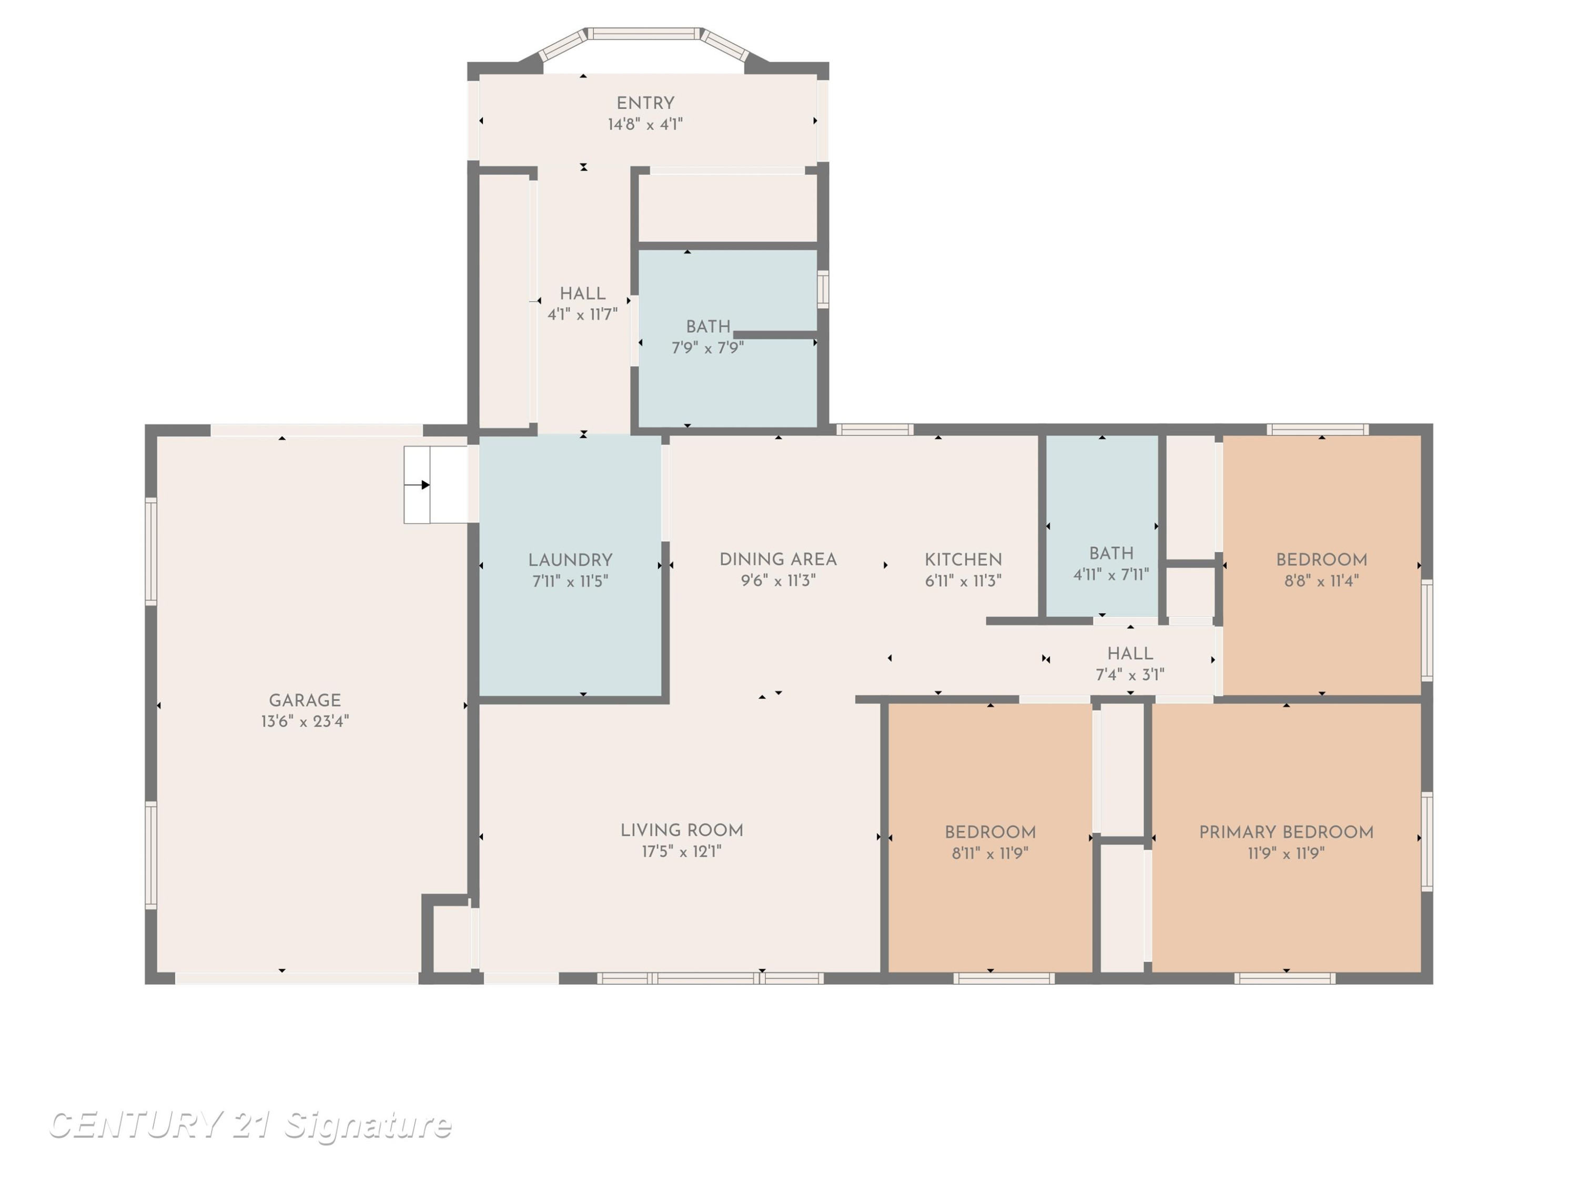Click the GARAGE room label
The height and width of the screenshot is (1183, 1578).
305,700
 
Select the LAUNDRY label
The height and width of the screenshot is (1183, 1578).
570,560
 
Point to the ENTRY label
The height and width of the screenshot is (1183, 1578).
645,104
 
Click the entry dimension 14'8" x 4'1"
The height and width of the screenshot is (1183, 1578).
645,125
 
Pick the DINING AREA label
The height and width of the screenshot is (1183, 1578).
777,560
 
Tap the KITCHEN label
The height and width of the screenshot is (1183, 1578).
963,560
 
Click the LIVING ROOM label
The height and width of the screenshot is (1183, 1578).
681,830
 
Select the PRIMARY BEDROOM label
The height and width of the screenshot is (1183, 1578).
1286,832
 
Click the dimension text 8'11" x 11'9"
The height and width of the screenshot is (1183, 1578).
989,853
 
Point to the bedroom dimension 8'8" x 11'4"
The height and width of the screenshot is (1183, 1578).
1321,580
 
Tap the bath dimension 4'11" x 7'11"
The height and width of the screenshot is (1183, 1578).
1111,574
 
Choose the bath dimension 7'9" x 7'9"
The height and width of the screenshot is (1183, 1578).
707,348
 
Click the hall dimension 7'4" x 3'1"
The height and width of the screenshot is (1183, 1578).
1130,675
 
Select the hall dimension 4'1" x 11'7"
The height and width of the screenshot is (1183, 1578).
582,314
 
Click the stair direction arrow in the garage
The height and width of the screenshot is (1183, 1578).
417,485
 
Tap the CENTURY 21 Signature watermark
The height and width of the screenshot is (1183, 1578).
250,1125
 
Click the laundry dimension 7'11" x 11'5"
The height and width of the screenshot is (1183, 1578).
570,581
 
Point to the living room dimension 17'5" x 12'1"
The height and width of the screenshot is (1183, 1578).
681,851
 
